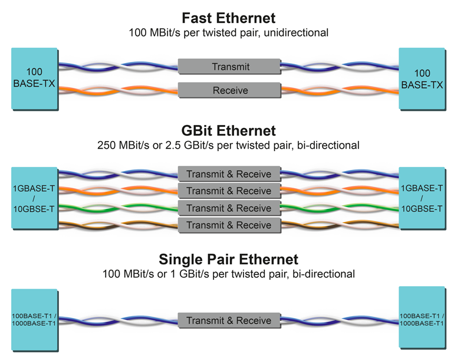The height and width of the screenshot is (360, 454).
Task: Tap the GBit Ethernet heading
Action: click(228, 130)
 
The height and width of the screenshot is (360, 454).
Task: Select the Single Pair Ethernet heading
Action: click(228, 259)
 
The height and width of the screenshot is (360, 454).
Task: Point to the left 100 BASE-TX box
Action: click(34, 78)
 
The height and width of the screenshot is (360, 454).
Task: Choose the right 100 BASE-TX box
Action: click(422, 79)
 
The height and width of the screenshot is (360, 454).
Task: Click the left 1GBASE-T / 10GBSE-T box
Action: click(34, 199)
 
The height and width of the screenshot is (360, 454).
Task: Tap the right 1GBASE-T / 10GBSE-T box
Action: click(422, 199)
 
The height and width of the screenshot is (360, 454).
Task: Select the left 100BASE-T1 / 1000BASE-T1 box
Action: click(34, 319)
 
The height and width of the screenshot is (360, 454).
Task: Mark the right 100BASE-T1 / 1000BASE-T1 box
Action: click(422, 319)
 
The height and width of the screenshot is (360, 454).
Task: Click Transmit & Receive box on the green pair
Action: click(229, 208)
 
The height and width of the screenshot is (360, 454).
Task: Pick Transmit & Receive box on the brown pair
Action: click(229, 225)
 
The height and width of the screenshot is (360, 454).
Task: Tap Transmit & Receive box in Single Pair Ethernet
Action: click(229, 320)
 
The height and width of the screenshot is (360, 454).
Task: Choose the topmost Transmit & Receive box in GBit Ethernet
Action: click(229, 174)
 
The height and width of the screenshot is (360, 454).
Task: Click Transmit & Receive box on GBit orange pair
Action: click(229, 191)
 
